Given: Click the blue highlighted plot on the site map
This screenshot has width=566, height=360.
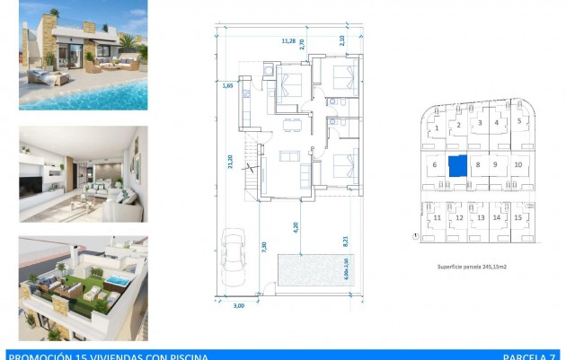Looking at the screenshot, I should pyautogui.click(x=457, y=166).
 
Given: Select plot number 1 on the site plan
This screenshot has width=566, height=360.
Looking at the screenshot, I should pyautogui.click(x=436, y=128).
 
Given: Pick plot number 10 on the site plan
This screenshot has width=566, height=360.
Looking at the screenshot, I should pyautogui.click(x=518, y=165).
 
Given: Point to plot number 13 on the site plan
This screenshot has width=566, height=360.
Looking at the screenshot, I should pyautogui.click(x=480, y=218).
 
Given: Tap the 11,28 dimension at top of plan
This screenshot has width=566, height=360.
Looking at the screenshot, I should pyautogui.click(x=288, y=40).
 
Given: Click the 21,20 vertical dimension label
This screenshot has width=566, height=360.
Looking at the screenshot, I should pyautogui.click(x=231, y=162).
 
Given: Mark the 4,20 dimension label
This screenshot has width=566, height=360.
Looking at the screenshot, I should pyautogui.click(x=296, y=227).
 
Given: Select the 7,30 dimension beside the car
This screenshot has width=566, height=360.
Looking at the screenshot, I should pyautogui.click(x=262, y=247).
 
